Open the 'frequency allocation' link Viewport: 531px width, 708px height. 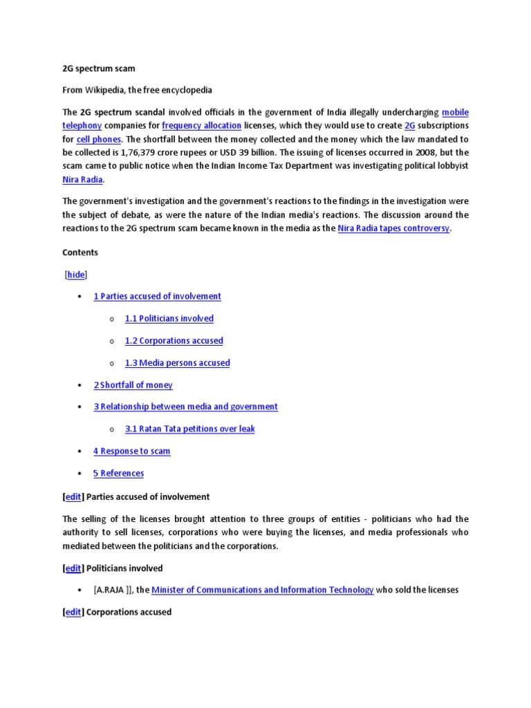[201, 126]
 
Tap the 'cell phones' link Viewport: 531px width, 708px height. [98, 139]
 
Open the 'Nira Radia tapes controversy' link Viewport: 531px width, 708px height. [393, 228]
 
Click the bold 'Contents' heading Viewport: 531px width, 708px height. [80, 252]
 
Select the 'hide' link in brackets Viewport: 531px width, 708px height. [76, 274]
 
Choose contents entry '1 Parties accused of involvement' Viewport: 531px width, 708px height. [157, 297]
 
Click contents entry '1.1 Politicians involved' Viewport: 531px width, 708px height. [169, 319]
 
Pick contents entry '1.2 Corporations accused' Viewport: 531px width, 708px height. [174, 341]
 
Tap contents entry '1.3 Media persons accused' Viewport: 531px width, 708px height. [177, 363]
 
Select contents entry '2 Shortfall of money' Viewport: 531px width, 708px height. [133, 385]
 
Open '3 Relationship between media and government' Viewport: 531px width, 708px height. [185, 407]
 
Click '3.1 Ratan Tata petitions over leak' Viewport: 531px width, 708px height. [189, 429]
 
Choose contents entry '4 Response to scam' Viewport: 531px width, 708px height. [131, 451]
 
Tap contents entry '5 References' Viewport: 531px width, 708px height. [118, 474]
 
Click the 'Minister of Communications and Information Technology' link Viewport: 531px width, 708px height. [262, 590]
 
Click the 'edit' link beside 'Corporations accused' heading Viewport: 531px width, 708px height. [73, 612]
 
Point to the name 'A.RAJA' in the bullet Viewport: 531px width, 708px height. [111, 590]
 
